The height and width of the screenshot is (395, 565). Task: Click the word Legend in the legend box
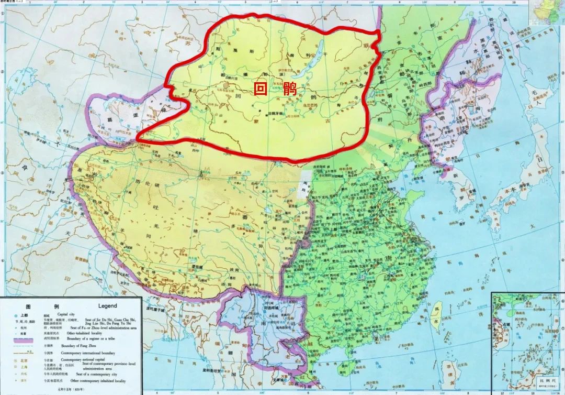(107, 305)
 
